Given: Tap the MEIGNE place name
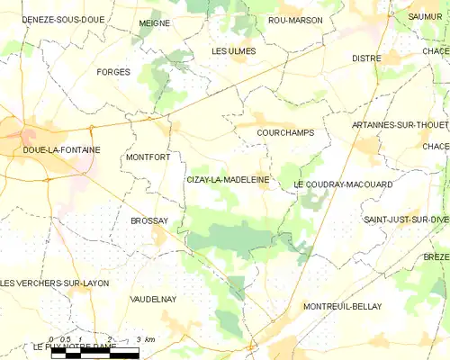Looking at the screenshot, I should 155,23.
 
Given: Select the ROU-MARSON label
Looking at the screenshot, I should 295,20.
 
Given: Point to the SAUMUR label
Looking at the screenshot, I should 425,16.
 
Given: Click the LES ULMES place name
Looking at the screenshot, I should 233,51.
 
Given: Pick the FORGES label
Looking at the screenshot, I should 112,72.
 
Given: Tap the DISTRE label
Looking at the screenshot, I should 366,58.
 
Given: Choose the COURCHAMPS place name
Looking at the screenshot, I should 285,132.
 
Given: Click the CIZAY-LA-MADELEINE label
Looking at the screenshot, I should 228,180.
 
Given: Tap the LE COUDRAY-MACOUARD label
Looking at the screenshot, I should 343,184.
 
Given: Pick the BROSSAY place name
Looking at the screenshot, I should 148,220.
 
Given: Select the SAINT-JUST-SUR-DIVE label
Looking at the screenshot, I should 405,220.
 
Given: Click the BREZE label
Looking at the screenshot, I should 436,256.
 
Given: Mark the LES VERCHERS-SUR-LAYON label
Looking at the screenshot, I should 55,283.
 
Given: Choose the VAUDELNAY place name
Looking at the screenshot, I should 153,298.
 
